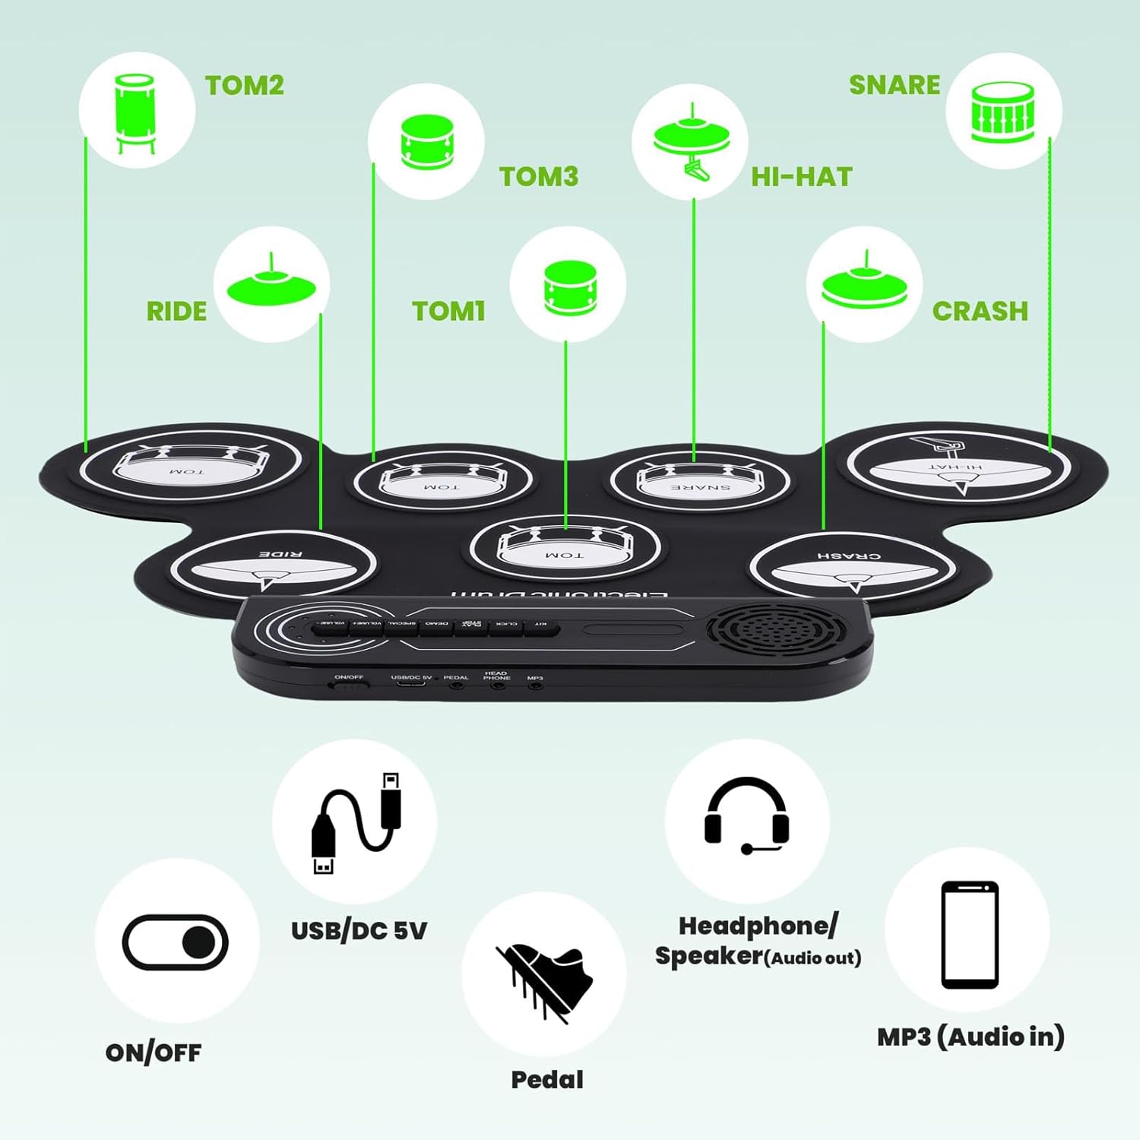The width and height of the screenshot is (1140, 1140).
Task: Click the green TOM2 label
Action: [244, 85]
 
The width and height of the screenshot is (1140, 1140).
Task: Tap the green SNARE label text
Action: [894, 85]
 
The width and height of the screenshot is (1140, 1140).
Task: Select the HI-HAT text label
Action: [801, 177]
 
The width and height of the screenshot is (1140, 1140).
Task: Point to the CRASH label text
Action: [980, 311]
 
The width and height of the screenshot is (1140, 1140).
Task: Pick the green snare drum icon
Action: [1002, 112]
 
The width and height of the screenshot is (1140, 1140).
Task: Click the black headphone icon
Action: [746, 816]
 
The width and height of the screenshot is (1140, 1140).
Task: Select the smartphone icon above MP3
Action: [969, 934]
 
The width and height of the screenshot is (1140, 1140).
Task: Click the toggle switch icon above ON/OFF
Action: [176, 942]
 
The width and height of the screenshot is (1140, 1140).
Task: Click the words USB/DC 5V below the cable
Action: [359, 930]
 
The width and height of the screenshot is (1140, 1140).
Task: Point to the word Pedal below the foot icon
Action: [547, 1079]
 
